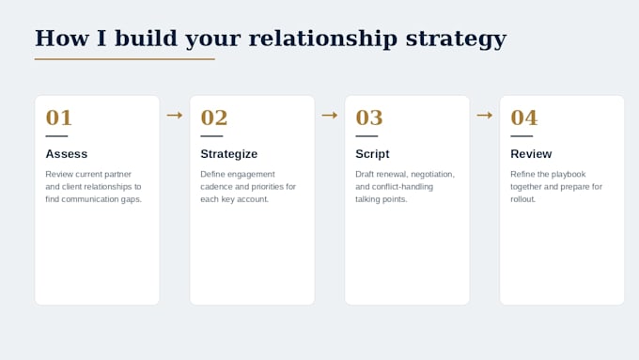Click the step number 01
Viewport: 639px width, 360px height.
coord(58,117)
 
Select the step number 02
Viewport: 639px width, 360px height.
coord(214,117)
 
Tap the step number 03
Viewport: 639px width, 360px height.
coord(369,117)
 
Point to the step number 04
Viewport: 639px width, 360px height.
coord(524,117)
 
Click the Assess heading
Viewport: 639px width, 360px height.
coord(67,154)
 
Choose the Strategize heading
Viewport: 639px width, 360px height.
coord(229,154)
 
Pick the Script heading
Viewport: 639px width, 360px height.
coord(372,154)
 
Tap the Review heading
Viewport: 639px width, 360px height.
coord(531,154)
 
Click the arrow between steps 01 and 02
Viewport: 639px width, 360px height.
coord(175,116)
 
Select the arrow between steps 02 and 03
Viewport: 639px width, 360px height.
coord(330,116)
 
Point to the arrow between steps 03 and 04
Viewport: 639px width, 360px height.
coord(485,116)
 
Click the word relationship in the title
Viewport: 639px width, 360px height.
coord(322,39)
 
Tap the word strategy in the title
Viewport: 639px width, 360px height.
coord(456,39)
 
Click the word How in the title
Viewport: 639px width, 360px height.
coord(61,39)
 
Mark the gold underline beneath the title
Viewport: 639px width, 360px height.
coord(125,59)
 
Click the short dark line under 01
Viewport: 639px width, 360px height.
coord(56,136)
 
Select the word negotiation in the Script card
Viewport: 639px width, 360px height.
coord(432,175)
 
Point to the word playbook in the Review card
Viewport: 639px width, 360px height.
coord(569,175)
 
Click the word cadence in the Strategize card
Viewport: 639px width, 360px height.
coord(216,187)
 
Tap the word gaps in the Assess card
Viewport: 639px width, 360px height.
coord(132,200)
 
